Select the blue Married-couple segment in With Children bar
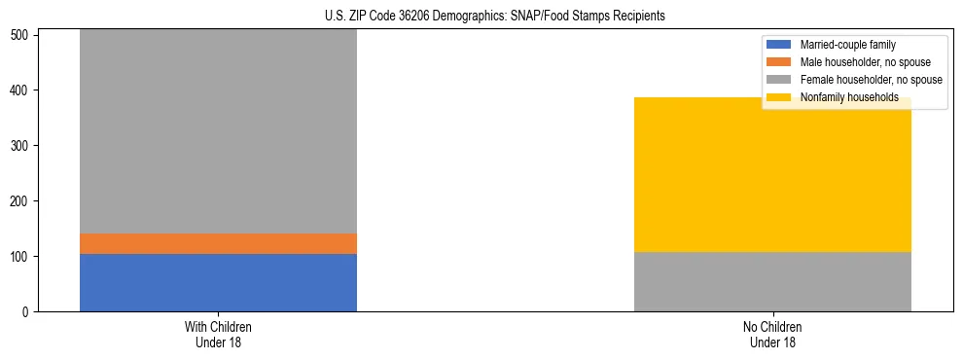(x=218, y=282)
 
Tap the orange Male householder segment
(x=218, y=243)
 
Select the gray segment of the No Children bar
(x=772, y=281)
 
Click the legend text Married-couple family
(x=847, y=45)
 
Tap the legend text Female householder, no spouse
(x=870, y=80)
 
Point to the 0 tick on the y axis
(x=27, y=312)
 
